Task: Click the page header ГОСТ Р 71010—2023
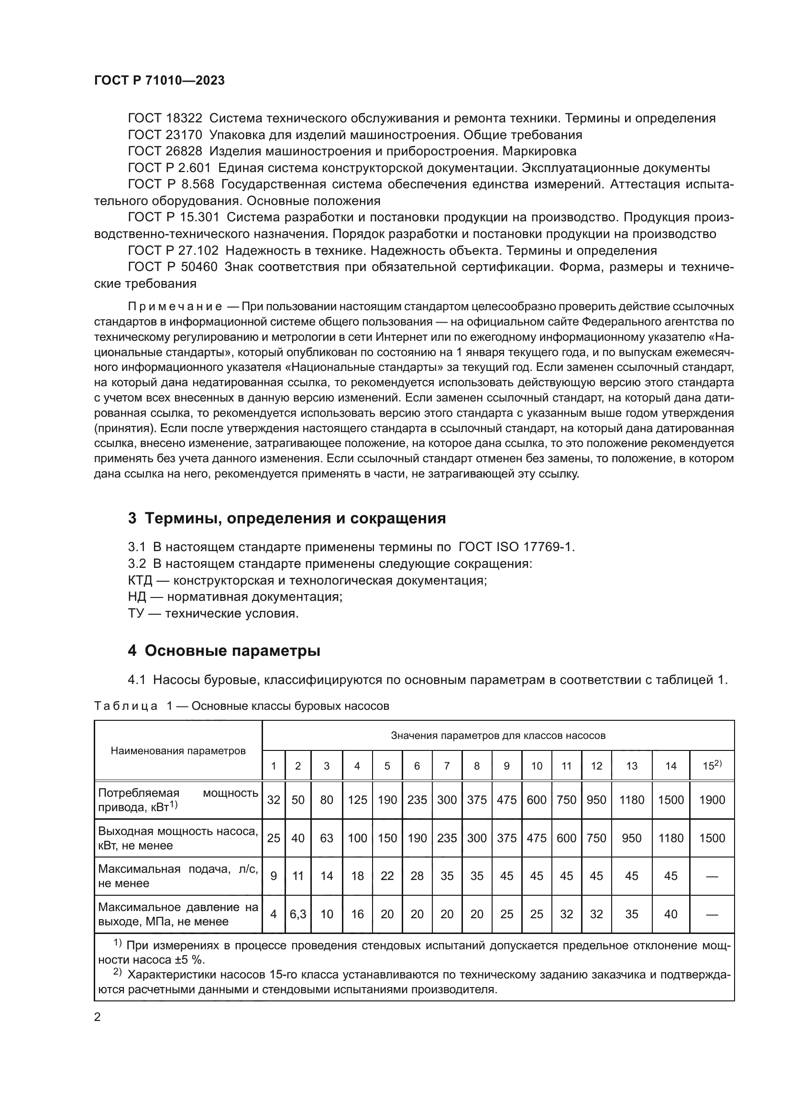click(159, 80)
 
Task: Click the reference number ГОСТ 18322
click(165, 119)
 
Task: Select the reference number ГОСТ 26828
click(165, 151)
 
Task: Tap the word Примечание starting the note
click(175, 306)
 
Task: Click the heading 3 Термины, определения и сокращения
click(286, 518)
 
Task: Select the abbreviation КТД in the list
click(140, 580)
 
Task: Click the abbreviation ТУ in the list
click(136, 614)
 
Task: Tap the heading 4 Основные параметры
click(224, 651)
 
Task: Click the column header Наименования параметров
click(178, 750)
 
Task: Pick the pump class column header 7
click(447, 766)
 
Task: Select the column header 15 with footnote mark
click(712, 765)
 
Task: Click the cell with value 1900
click(712, 800)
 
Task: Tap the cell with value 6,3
click(297, 914)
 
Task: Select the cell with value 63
click(326, 838)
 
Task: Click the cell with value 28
click(417, 876)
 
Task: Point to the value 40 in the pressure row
click(670, 914)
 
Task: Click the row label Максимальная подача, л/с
click(178, 869)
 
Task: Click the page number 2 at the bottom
click(98, 1017)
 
